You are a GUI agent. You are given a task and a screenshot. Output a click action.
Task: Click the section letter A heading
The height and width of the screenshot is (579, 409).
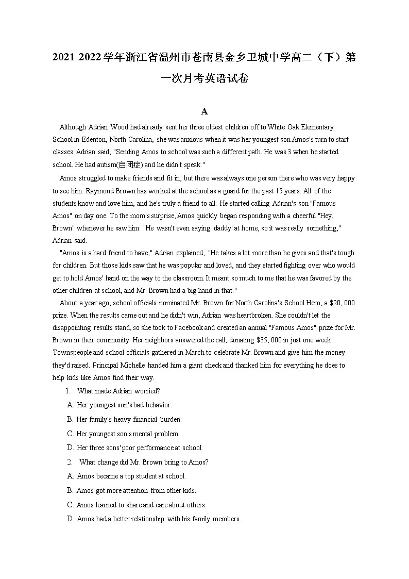pos(204,111)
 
